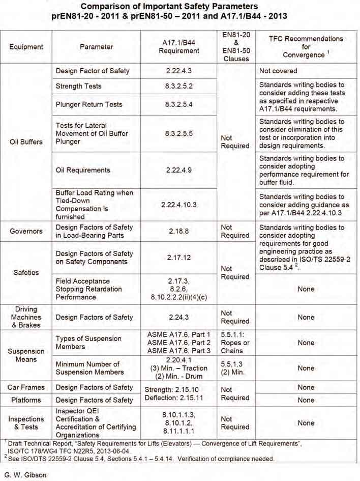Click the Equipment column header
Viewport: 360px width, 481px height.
pos(26,47)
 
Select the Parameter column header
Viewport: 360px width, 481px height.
pos(96,47)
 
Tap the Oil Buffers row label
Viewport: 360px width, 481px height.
pos(26,142)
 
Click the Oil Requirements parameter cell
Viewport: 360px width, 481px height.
pos(83,170)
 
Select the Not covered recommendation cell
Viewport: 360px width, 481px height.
pos(278,71)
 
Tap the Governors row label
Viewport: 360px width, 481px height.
pos(26,231)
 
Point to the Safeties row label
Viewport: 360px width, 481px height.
pos(26,272)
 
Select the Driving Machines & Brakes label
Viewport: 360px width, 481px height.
pos(26,317)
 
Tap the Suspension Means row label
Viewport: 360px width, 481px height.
pos(26,356)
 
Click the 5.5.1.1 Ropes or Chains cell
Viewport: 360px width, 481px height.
pos(235,343)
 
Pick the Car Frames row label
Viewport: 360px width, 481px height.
pos(26,387)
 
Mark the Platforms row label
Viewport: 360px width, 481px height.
pos(26,400)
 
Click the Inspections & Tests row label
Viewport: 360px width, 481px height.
pos(26,422)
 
